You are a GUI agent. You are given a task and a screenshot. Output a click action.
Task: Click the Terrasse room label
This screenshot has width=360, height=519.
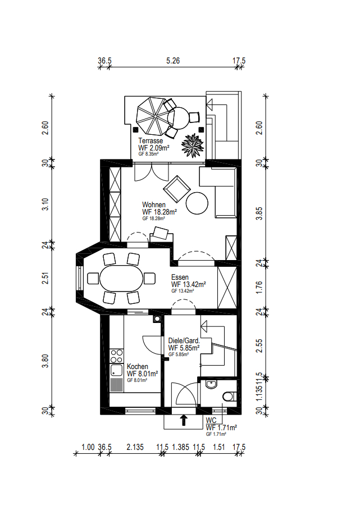[x=151, y=141]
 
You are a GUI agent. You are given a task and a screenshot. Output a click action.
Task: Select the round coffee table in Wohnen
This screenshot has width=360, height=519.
[x=198, y=203]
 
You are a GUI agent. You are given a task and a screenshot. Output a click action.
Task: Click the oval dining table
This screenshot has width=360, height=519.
[x=121, y=278]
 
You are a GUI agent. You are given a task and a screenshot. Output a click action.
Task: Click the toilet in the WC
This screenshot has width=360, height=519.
[x=228, y=397]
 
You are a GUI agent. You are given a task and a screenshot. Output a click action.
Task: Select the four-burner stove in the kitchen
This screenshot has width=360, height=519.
[x=117, y=356]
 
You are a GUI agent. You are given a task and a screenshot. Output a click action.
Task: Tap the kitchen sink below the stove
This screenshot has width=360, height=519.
[x=117, y=370]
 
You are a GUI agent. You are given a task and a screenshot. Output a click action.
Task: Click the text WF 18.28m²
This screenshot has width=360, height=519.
[x=160, y=212]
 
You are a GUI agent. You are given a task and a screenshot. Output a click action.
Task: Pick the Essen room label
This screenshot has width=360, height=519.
[x=180, y=277]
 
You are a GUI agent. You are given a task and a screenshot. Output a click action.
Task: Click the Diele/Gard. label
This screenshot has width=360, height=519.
[x=184, y=341]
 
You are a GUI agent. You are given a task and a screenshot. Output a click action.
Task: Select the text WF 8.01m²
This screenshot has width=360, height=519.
[x=142, y=374]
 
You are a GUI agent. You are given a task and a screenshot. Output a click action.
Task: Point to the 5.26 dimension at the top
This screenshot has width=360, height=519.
[x=173, y=61]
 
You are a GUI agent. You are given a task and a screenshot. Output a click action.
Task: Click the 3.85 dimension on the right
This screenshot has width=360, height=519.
[x=259, y=213]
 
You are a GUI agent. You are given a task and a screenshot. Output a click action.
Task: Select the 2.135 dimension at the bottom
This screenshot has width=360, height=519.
[x=135, y=448]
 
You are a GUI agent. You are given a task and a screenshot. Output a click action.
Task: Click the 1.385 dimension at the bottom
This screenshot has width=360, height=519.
[x=180, y=448]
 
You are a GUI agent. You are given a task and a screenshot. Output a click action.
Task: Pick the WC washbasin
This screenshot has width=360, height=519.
[x=210, y=384]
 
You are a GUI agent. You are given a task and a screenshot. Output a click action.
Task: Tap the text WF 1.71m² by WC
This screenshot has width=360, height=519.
[x=221, y=427]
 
